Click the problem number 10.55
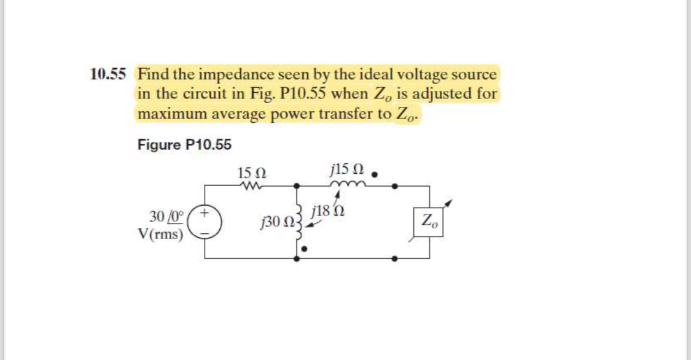click(x=107, y=75)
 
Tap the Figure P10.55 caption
click(x=184, y=145)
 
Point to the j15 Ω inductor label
click(x=348, y=168)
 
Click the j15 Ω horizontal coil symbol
click(x=348, y=184)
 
